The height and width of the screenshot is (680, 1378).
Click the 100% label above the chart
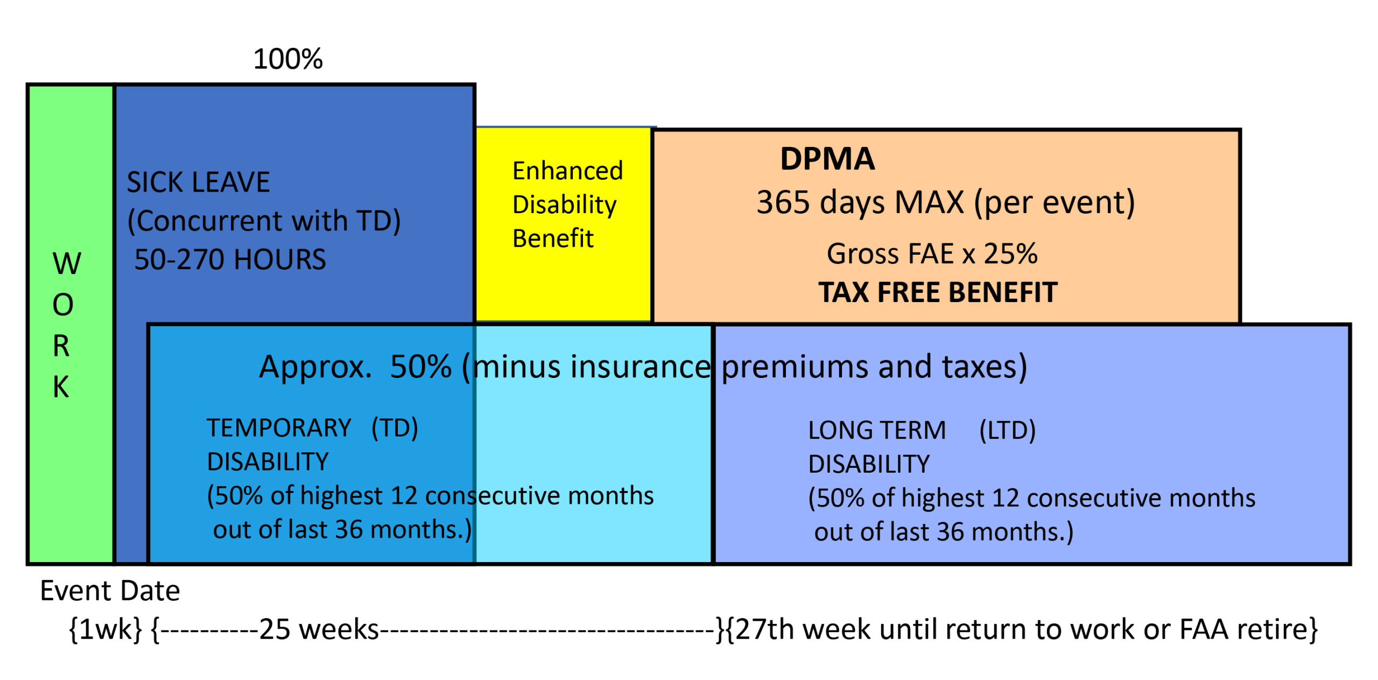[288, 59]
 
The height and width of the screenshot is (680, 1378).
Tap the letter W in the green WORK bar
[67, 264]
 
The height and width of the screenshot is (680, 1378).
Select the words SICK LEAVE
[198, 182]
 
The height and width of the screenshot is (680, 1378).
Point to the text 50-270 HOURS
[230, 260]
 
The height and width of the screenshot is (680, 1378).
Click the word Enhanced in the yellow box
[568, 171]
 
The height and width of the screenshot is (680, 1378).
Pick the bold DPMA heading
[827, 159]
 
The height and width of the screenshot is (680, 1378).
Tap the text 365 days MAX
[860, 202]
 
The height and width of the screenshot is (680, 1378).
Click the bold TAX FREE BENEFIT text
[938, 292]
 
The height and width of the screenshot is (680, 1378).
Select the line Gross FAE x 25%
[932, 254]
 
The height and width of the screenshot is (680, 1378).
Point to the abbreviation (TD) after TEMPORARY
[395, 429]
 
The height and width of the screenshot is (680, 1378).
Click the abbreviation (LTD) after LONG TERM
[1007, 431]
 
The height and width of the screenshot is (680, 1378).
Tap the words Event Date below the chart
[110, 591]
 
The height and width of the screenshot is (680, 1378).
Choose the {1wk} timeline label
[106, 629]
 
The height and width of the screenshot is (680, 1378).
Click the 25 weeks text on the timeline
[319, 629]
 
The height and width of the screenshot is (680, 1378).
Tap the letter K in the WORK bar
[61, 387]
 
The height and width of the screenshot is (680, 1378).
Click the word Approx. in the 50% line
[315, 368]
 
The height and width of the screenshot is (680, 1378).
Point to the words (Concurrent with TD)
[264, 221]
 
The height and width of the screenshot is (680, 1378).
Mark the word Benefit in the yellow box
[553, 239]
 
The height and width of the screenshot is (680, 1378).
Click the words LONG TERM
[877, 431]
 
